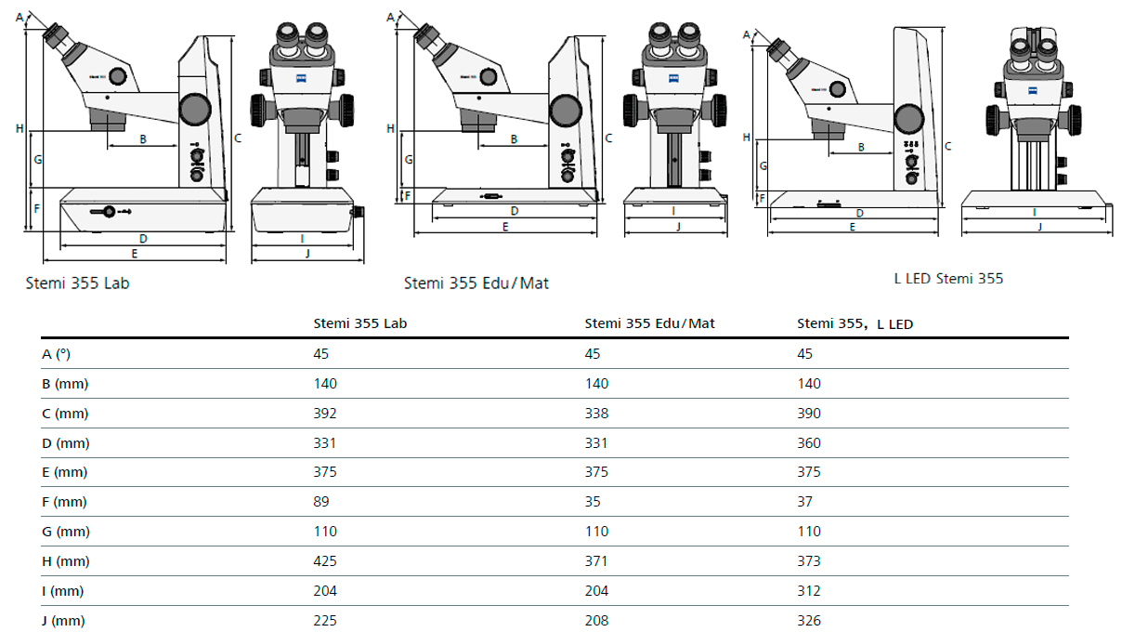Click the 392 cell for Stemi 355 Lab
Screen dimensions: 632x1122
(325, 413)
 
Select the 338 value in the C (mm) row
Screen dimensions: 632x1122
(596, 413)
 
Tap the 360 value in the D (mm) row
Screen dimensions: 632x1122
(809, 442)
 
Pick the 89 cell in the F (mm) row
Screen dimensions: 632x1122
(321, 502)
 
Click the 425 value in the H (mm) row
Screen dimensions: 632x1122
(325, 561)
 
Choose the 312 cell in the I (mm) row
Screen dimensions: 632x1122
(809, 591)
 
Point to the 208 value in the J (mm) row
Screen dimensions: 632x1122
(596, 621)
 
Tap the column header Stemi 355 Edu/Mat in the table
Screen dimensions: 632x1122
(649, 323)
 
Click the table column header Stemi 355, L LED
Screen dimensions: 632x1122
(855, 323)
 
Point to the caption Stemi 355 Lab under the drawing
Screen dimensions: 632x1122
(77, 283)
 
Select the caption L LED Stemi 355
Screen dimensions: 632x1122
(947, 278)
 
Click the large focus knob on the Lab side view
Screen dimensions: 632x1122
(195, 109)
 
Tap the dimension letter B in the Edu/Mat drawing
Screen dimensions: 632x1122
(514, 139)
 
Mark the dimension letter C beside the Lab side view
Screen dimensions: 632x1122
(238, 138)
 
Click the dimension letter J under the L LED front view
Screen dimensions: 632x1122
(1038, 226)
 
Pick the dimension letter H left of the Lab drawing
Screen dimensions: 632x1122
(20, 128)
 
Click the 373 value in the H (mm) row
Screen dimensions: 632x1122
(809, 561)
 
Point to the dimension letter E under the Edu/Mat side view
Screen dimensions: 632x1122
(505, 226)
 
